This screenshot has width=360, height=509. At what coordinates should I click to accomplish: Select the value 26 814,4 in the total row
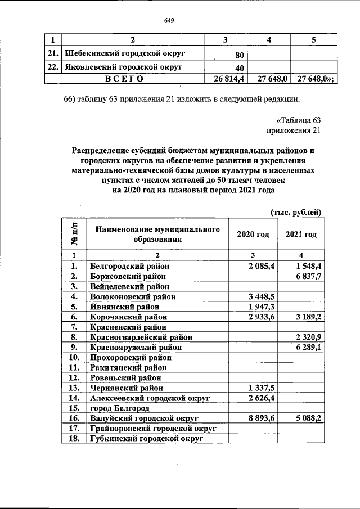[x=228, y=79]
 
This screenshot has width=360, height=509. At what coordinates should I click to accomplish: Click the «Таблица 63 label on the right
[x=298, y=120]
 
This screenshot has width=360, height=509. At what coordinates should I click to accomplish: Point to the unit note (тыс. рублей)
[x=296, y=212]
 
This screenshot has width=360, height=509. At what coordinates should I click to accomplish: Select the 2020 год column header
[x=253, y=234]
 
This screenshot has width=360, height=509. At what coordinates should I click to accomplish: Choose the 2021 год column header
[x=301, y=234]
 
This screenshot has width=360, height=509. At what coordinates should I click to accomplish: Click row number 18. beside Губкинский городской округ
[x=73, y=439]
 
